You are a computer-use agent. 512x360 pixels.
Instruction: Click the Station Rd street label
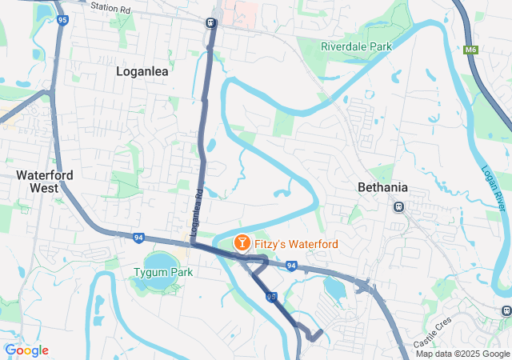[110, 7]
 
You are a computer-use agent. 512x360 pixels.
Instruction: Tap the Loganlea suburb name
[142, 71]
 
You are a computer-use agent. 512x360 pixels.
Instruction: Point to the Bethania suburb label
[382, 187]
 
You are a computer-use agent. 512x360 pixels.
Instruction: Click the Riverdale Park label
[357, 46]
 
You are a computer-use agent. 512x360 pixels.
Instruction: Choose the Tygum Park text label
[163, 272]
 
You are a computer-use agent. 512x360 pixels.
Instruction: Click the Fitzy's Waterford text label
[295, 243]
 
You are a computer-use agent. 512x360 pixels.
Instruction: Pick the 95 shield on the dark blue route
[272, 297]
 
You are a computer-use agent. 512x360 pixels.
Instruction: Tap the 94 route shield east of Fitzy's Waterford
[291, 266]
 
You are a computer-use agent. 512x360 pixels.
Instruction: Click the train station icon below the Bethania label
[398, 206]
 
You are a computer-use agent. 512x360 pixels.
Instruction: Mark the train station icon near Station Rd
[211, 22]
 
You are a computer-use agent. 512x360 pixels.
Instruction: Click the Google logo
[26, 350]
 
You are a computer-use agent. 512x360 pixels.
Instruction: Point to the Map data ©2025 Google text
[462, 354]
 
